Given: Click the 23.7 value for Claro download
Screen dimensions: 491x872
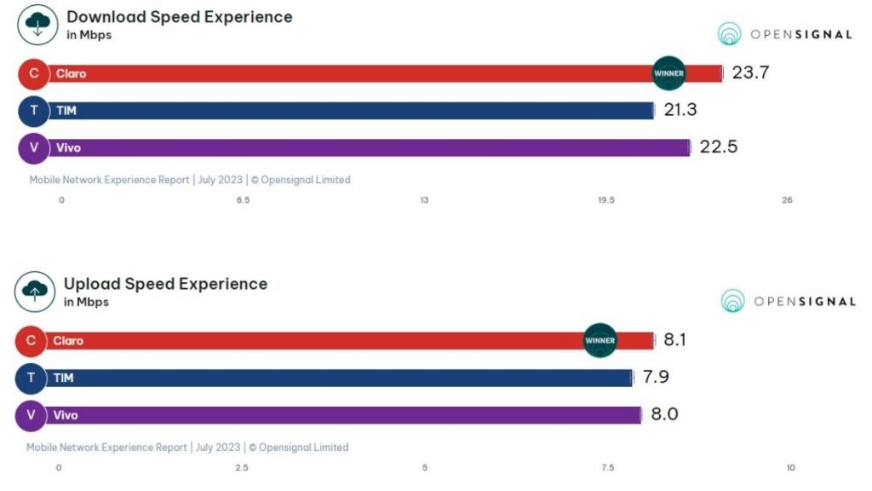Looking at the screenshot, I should [750, 72].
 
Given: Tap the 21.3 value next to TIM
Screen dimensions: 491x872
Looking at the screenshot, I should [680, 110].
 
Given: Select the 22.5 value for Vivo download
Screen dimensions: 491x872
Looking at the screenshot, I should [718, 147].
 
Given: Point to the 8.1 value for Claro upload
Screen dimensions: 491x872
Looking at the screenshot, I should [674, 340].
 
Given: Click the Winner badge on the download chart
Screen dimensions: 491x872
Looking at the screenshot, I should [668, 73].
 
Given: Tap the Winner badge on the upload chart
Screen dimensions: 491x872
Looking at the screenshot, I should [599, 340].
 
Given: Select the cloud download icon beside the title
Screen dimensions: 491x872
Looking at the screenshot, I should [37, 25].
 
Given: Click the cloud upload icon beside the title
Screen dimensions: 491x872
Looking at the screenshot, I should [35, 292].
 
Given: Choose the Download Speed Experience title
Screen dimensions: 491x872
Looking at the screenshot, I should [179, 17].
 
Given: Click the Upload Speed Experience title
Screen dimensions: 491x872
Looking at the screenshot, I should [165, 284].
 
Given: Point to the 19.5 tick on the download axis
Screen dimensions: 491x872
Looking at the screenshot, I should [605, 200].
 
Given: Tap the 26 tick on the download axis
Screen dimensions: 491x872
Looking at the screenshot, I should [787, 200].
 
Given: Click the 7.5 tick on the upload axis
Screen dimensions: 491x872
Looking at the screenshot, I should [607, 467].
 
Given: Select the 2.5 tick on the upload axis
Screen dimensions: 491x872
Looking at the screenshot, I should [241, 467].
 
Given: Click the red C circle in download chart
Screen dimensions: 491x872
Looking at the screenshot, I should [34, 73].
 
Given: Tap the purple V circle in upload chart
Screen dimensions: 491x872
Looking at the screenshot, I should [32, 415].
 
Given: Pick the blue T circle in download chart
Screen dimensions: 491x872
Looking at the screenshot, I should [34, 110].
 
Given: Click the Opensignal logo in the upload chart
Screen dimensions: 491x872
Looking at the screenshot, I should [788, 301].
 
